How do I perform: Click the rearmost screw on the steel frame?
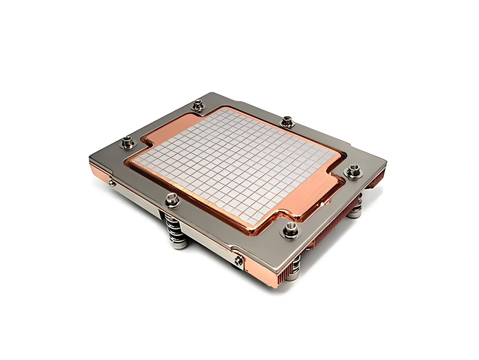[x=198, y=106]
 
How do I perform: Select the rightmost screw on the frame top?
[x=354, y=172]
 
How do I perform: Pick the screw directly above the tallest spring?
[x=172, y=200]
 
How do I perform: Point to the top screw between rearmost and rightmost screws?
[x=287, y=122]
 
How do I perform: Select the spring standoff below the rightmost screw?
[x=356, y=207]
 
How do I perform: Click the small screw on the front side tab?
[x=239, y=260]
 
